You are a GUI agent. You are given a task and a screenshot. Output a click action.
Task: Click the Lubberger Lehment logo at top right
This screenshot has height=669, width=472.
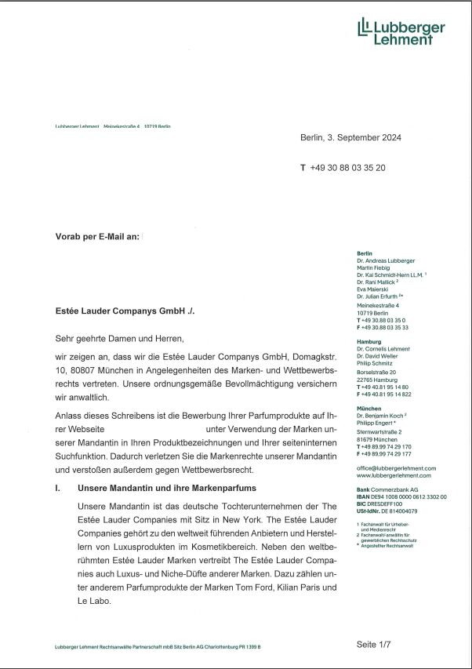point(401,31)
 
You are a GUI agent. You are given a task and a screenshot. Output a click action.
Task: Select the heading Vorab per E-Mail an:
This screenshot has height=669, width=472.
point(97,236)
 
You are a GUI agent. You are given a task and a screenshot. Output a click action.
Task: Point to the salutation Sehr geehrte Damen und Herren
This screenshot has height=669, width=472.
point(118,339)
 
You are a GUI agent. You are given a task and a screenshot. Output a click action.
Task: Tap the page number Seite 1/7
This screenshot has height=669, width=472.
point(374,644)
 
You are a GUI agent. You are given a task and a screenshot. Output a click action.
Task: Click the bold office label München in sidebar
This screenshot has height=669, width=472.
point(370,409)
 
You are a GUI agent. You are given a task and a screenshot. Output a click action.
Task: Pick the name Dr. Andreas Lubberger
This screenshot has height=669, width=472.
point(386,260)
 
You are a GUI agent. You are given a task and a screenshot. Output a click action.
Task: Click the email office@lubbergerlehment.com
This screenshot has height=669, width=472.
point(396,468)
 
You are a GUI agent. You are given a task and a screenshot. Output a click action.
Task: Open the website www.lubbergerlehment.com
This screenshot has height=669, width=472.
point(394,475)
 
